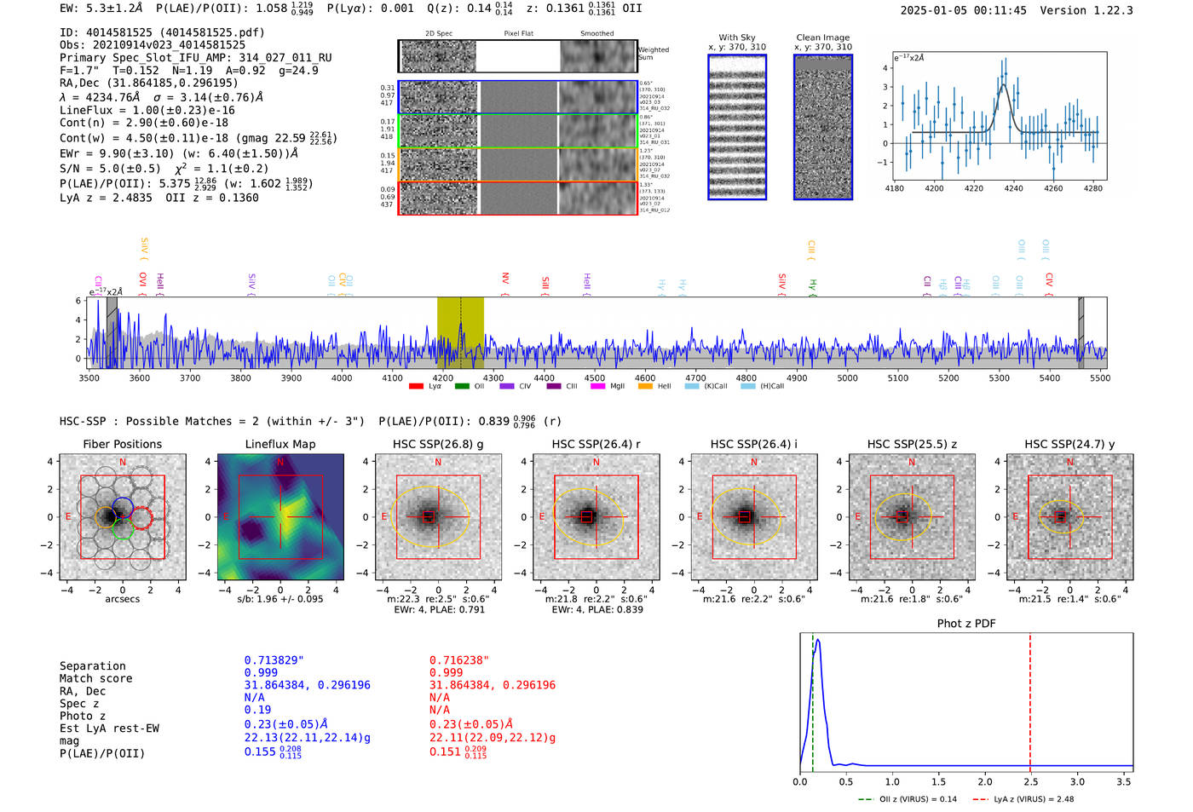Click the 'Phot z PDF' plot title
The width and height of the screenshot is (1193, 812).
click(966, 623)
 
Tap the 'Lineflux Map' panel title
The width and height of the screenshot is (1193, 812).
click(280, 444)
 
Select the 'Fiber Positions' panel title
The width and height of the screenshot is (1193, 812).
click(122, 444)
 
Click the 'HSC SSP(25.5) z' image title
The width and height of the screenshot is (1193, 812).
click(911, 444)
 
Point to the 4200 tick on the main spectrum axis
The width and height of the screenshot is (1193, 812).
click(443, 377)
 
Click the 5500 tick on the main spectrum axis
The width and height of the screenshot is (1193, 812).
click(1099, 377)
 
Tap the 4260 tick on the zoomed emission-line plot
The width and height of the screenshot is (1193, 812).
click(1053, 188)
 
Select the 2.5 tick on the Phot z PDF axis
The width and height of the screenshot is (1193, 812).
click(1029, 781)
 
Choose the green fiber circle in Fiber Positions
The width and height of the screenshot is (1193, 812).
click(122, 531)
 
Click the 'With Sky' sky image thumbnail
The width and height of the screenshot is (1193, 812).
click(737, 127)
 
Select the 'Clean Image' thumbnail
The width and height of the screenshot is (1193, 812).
click(823, 127)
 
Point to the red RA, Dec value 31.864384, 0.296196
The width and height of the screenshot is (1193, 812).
click(492, 685)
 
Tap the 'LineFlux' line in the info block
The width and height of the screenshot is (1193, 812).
click(147, 110)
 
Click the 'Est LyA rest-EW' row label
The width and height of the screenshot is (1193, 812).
click(109, 728)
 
